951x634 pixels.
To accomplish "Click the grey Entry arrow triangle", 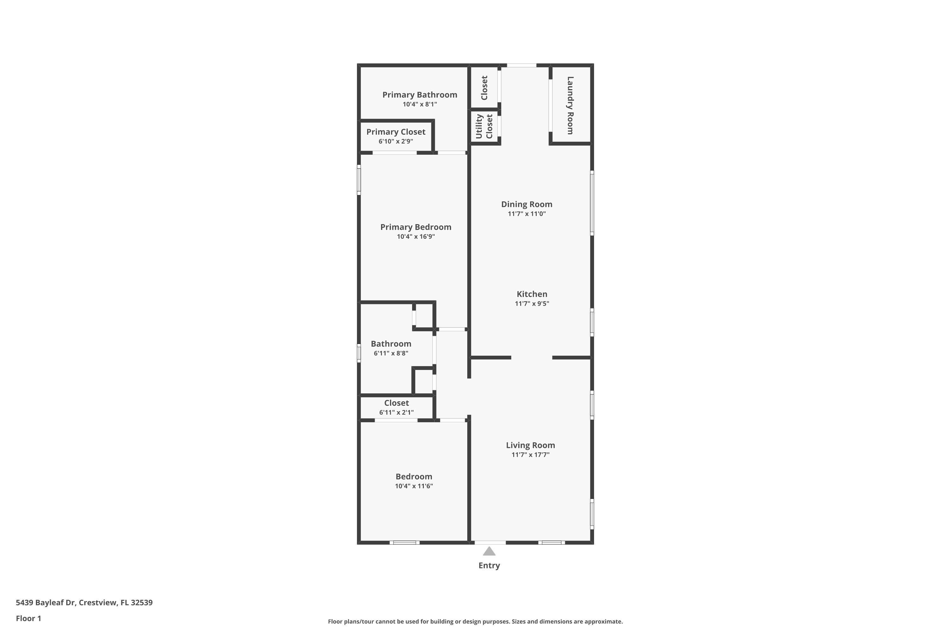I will (x=489, y=552).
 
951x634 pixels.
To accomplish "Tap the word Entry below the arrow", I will (x=489, y=566).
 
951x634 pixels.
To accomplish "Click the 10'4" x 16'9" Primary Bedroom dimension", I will (x=416, y=236).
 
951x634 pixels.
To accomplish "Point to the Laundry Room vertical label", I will (x=570, y=105).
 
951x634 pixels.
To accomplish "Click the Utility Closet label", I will (x=484, y=126).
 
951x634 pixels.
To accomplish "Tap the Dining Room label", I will (x=527, y=204).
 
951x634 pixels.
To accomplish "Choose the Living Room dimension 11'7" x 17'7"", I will (x=530, y=455).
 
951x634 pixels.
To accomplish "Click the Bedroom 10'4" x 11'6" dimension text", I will (x=414, y=486).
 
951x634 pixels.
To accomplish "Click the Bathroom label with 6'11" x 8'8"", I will (x=391, y=344).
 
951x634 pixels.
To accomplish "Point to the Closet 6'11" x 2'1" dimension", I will (x=396, y=412).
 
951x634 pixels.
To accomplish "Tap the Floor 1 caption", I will (x=28, y=618).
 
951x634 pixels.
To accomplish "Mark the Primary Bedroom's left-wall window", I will (x=359, y=180).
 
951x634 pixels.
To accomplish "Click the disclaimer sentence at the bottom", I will (x=475, y=621).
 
